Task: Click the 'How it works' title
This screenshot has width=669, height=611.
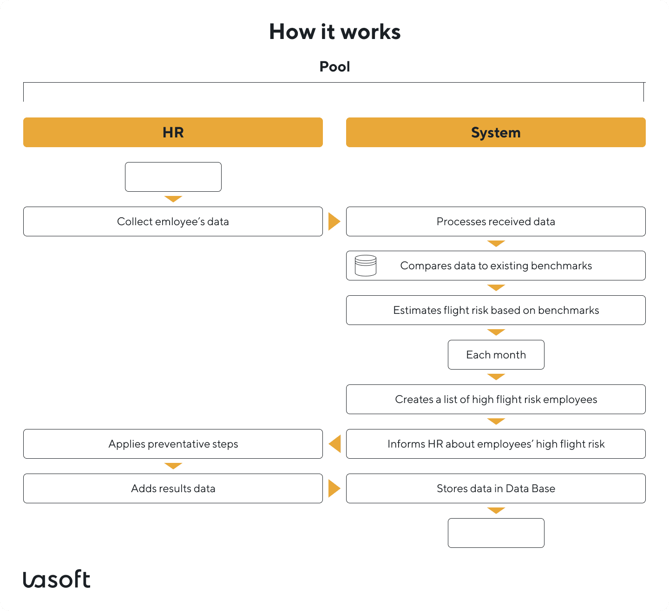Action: click(x=334, y=32)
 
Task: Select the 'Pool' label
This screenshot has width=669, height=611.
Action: click(x=334, y=67)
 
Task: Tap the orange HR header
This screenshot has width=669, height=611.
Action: click(x=173, y=132)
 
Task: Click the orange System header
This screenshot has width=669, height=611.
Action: click(x=496, y=132)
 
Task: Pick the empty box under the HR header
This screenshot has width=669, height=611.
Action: click(x=173, y=177)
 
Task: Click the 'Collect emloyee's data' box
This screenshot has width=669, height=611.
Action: click(x=173, y=221)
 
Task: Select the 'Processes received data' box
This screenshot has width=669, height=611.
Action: click(x=496, y=221)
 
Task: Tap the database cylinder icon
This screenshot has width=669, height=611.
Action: click(x=366, y=266)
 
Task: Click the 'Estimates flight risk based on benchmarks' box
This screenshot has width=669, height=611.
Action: click(x=496, y=310)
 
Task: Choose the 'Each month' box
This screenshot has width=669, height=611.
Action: click(x=496, y=355)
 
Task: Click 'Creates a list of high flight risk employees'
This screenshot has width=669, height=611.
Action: click(x=496, y=399)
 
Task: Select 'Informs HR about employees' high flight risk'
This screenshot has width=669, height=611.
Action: click(x=496, y=444)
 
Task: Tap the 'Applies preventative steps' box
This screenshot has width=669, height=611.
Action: click(x=173, y=444)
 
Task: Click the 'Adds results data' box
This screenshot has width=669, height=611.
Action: click(x=173, y=488)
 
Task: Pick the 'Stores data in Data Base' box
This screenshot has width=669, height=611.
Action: click(x=496, y=488)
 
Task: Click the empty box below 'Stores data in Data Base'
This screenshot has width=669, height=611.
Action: click(x=496, y=533)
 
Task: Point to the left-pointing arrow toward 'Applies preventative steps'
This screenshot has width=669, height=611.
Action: click(x=335, y=444)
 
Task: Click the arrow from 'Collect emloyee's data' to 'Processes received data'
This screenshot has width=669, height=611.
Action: click(x=334, y=221)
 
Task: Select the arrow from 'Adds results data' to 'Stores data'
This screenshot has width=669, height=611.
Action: click(x=334, y=488)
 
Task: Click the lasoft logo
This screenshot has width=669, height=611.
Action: click(x=57, y=579)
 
